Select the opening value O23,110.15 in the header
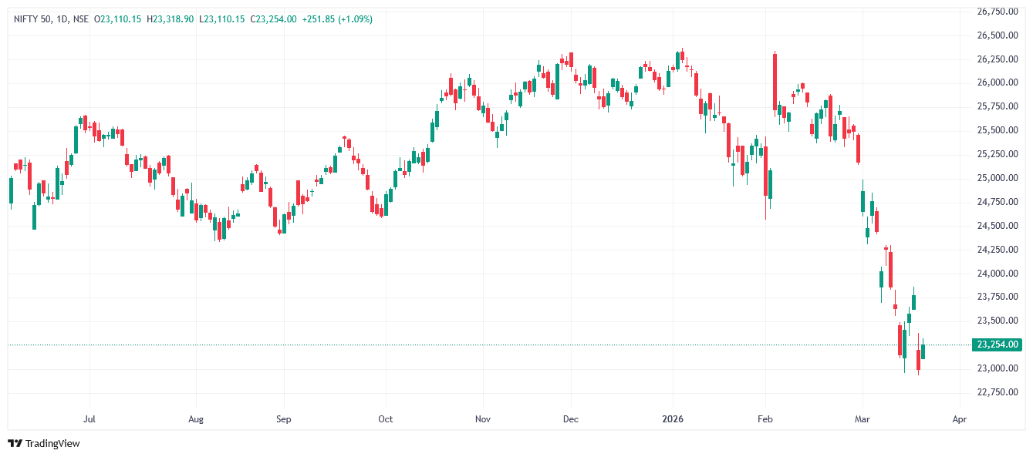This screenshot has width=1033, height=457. pos(117,18)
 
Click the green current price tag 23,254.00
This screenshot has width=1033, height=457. pos(998,344)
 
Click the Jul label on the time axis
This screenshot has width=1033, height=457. pos(89,419)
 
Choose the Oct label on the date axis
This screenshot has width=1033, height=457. pos(385,419)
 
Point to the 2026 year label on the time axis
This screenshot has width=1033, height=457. pos(673,419)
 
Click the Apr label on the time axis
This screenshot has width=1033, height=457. pos(960,419)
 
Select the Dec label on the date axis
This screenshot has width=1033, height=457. pos(571,419)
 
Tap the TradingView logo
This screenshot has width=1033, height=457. pos(44,443)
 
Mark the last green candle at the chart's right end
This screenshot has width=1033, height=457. pos(923,352)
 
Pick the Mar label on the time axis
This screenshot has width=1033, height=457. pos(862,419)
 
